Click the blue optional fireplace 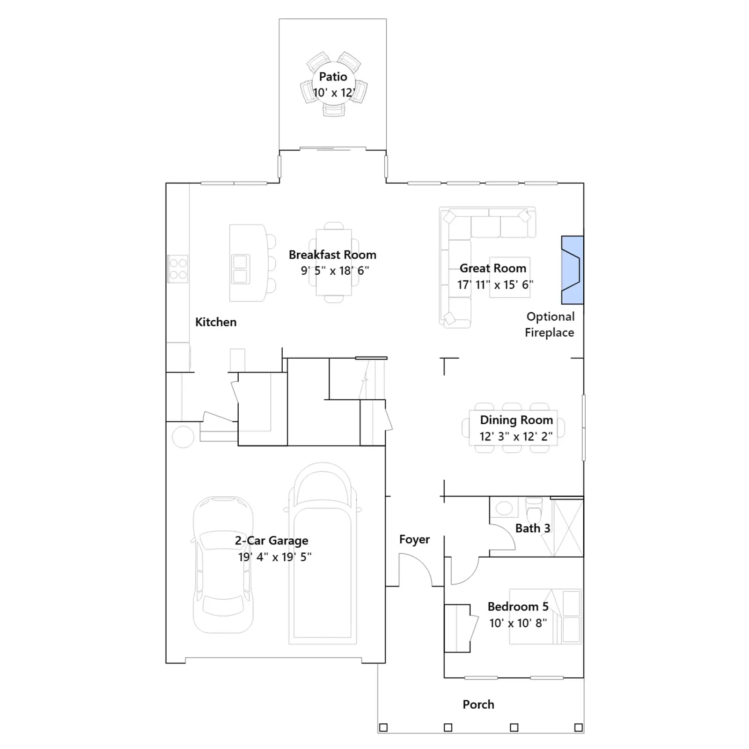coord(572,270)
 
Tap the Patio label coord(333,77)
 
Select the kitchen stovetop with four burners coord(178,269)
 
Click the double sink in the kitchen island coord(241,269)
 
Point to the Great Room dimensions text coord(495,285)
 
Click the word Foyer coord(414,540)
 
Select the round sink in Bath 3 coord(504,508)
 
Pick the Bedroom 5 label coord(518,607)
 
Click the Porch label coord(478,705)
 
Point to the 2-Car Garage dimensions coord(275,557)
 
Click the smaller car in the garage coord(223,565)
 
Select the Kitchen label coord(216,322)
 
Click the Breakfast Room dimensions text coord(335,271)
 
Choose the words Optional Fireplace coord(550,324)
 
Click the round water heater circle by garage coord(183,437)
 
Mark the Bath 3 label coord(533,529)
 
